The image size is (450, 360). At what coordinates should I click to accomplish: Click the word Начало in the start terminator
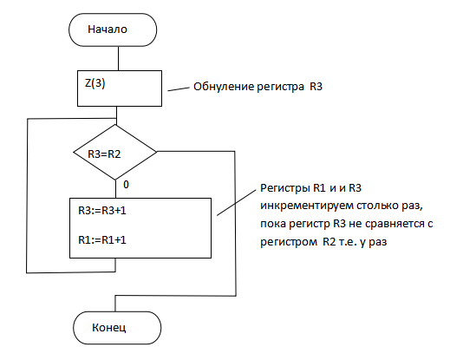(108, 29)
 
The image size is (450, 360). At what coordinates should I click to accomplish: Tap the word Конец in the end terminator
(109, 328)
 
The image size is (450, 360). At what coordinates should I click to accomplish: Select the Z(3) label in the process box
(95, 83)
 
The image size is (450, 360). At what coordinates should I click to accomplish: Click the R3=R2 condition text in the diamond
(104, 154)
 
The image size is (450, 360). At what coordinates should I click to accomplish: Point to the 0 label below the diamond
(126, 185)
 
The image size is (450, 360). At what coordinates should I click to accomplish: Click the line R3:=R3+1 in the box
(102, 211)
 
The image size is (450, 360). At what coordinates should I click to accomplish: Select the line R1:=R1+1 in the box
(102, 240)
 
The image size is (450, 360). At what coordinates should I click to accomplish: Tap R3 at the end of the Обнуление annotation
(316, 87)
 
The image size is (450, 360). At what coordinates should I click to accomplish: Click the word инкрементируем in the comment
(307, 206)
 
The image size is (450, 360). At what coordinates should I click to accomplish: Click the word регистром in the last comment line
(289, 242)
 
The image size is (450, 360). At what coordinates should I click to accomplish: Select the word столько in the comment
(377, 206)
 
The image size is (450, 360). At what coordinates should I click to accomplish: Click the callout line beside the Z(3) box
(179, 89)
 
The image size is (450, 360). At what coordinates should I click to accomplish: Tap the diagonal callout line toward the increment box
(237, 203)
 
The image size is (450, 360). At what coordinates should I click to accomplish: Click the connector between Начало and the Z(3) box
(118, 58)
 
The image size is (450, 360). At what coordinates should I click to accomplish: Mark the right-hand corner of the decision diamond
(157, 152)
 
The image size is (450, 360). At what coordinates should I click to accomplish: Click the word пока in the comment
(273, 224)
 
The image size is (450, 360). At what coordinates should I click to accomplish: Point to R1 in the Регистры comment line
(319, 188)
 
